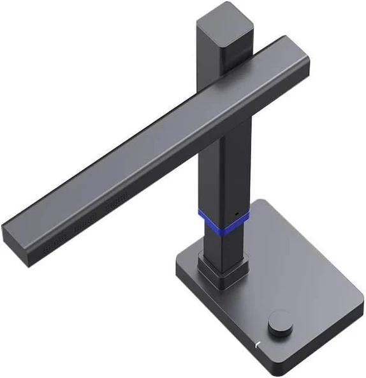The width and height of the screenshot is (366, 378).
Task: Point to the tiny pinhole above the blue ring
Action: pos(237,213)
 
